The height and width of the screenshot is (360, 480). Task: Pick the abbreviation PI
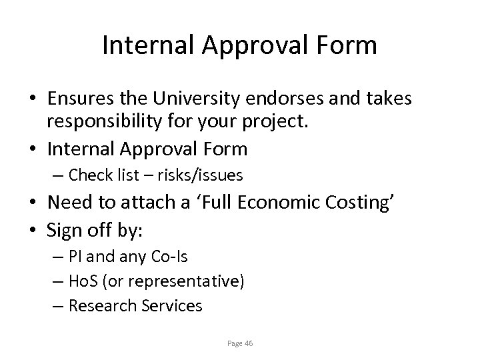coord(76,256)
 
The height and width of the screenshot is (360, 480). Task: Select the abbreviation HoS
coord(82,281)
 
